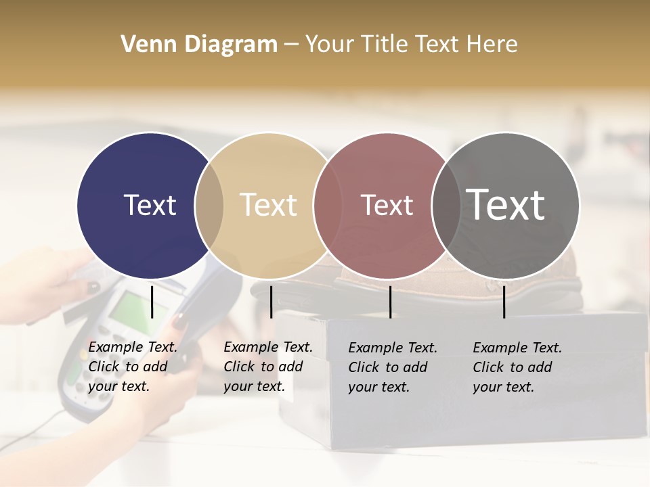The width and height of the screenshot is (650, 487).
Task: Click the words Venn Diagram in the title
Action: pos(199,45)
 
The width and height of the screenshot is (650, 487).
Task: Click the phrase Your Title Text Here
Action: pos(411,45)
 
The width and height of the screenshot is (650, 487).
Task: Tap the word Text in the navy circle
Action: pos(150,205)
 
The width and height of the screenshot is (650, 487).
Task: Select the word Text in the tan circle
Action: pos(268,205)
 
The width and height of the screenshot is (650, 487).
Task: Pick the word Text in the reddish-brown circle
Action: pos(387,205)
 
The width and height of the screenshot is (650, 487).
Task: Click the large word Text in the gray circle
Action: pos(506,204)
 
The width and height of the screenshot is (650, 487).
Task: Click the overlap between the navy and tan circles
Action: pos(209,206)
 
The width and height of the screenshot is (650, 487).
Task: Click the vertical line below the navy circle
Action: pos(152,302)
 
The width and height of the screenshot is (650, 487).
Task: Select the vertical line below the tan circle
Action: pos(271,302)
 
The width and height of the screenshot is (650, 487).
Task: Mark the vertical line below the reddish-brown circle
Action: pos(390,302)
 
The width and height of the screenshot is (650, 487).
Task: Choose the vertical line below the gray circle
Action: pos(504,302)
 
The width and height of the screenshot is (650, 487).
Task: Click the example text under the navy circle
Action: pos(132,367)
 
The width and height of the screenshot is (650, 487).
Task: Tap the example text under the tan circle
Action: pos(267,367)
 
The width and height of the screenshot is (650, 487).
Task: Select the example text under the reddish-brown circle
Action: pos(392,367)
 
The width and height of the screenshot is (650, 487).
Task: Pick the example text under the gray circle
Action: pos(517,367)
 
